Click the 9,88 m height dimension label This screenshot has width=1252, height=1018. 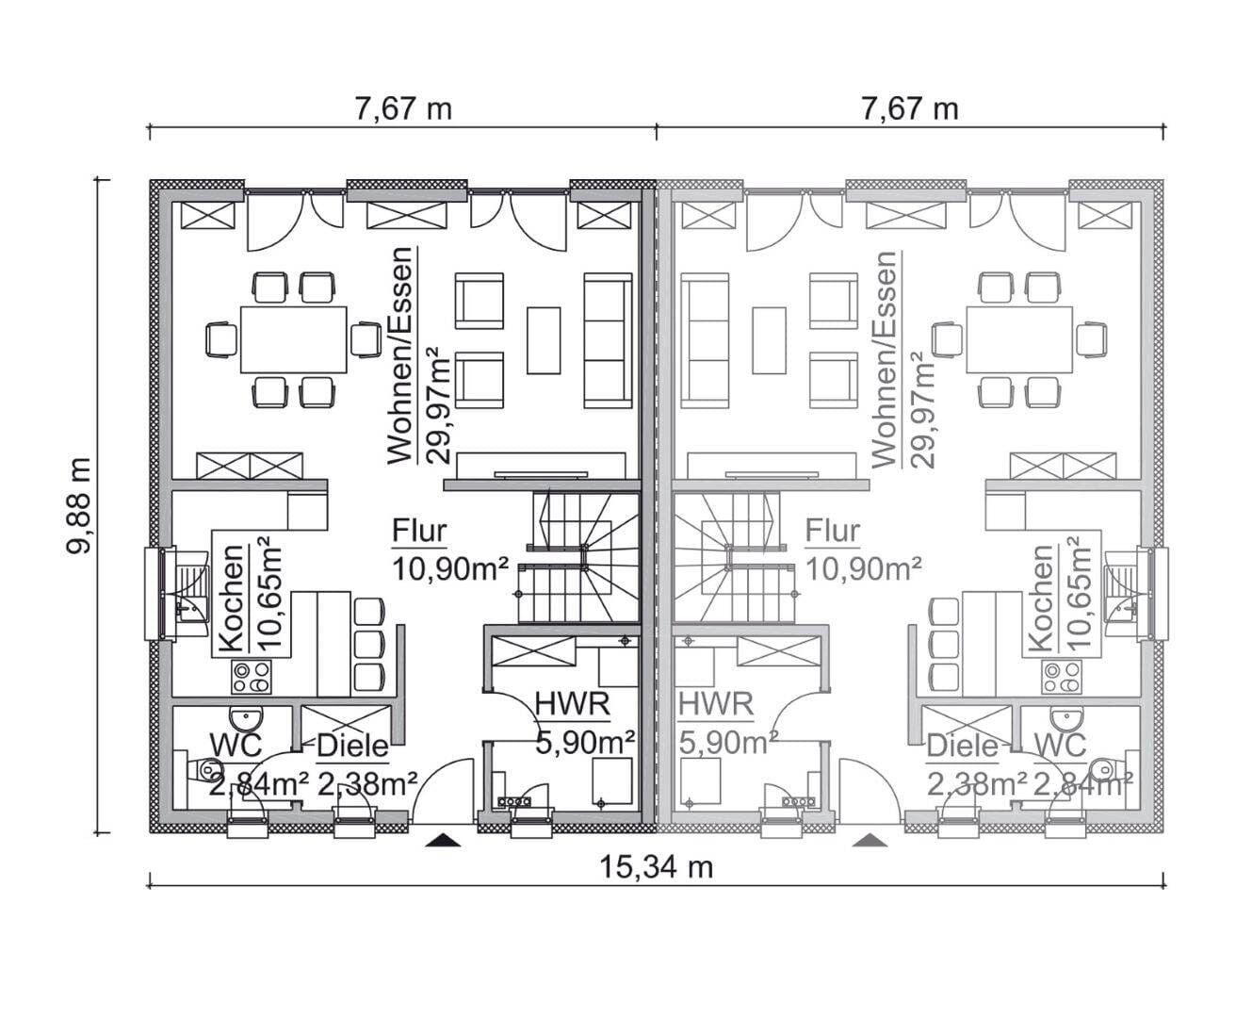[x=79, y=506]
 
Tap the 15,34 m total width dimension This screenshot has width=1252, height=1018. [x=656, y=867]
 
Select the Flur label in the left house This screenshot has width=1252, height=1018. [x=419, y=531]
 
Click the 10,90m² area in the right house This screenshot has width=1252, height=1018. [x=863, y=568]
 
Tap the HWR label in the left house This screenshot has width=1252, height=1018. [x=573, y=704]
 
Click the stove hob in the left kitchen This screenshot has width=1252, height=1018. [x=252, y=677]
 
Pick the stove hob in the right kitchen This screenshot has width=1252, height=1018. [x=1062, y=677]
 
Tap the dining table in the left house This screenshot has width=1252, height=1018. [x=293, y=339]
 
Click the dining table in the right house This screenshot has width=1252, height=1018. [x=1020, y=339]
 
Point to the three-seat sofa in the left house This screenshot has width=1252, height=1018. [x=608, y=340]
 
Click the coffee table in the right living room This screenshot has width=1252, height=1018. [x=770, y=340]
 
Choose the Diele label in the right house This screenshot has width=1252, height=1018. [x=962, y=747]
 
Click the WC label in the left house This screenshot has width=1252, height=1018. [x=236, y=746]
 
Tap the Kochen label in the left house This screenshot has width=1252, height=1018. [x=231, y=599]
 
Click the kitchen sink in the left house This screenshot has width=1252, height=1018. [x=191, y=588]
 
